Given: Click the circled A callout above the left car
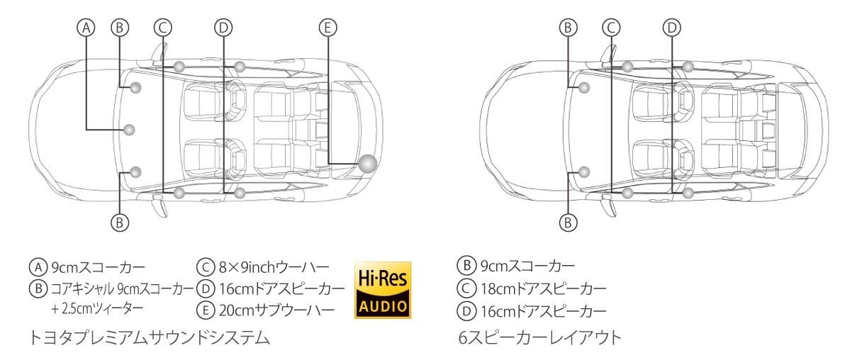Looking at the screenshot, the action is (x=86, y=28).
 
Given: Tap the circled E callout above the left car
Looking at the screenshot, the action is (x=328, y=28).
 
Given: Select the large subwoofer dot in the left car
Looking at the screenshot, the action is (x=368, y=164).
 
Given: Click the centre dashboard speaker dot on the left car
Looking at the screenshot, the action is (x=129, y=130).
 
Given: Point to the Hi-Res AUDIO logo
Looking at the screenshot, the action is (x=383, y=290).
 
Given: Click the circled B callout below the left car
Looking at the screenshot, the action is (x=120, y=223).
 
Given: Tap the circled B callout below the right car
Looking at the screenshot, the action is (x=568, y=223).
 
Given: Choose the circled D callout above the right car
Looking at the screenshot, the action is (x=672, y=28).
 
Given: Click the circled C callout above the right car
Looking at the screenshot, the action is (x=611, y=28).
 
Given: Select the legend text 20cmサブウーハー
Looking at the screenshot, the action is (x=276, y=311).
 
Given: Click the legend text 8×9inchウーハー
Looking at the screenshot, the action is (x=274, y=267).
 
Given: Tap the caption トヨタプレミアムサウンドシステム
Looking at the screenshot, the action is (x=150, y=338).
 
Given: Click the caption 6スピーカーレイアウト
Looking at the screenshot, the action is (x=539, y=338).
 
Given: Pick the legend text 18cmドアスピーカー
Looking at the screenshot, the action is (x=544, y=288).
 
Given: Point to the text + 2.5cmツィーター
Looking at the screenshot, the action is (x=97, y=308).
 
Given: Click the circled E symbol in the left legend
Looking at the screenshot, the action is (x=206, y=310).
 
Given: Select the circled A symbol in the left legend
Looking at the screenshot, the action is (x=38, y=267).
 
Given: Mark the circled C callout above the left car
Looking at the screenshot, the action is (x=163, y=28).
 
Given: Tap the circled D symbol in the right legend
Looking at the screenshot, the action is (x=466, y=311).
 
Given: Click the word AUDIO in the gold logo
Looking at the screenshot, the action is (x=383, y=307).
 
